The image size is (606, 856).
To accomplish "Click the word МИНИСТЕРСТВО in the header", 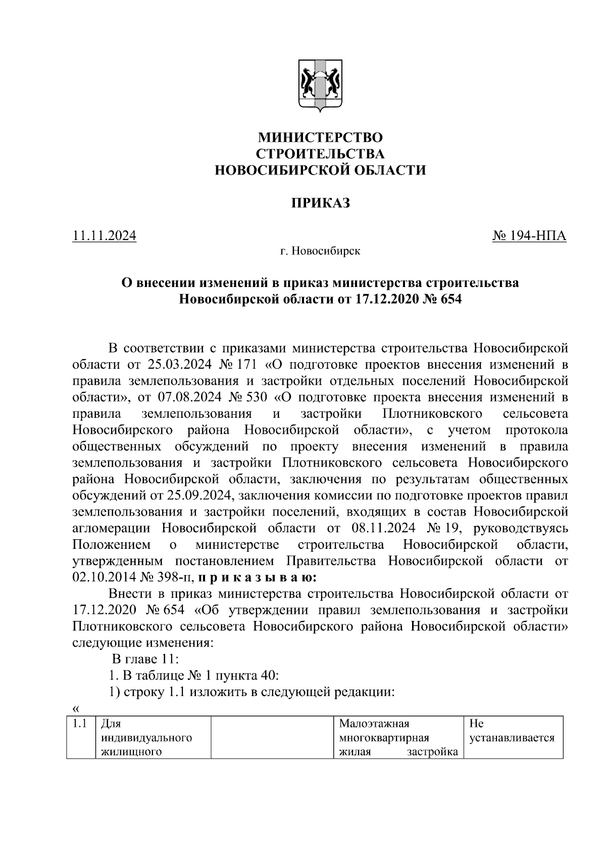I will tap(320, 137).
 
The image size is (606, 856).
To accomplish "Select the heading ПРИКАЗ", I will tap(320, 203).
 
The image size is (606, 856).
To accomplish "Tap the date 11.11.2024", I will tap(105, 236).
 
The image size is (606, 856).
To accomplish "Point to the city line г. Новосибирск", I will tap(320, 251).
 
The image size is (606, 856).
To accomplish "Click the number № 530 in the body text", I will tap(248, 397).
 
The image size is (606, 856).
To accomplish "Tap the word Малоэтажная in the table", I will tap(374, 725).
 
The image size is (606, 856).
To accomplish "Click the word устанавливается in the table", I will tap(512, 738).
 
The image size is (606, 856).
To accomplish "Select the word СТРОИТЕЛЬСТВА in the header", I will tap(320, 154).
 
